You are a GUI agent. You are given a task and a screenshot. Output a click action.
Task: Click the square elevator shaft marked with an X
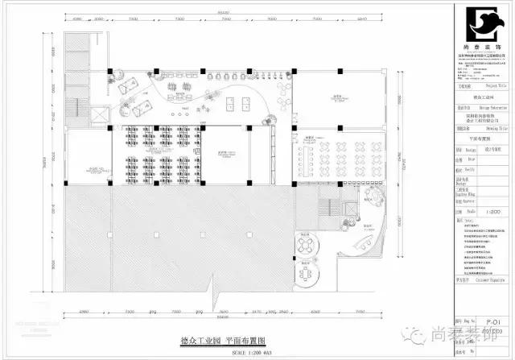98,116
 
